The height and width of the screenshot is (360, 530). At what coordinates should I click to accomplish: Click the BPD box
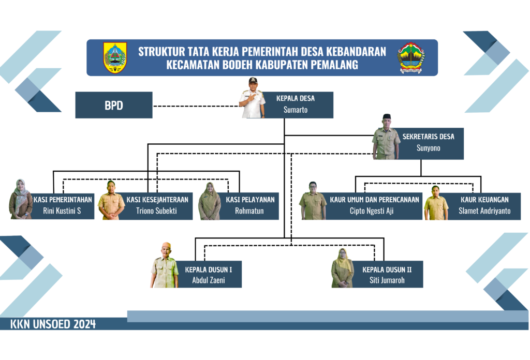click(114, 105)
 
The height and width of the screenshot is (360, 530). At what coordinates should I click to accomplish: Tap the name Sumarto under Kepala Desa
click(296, 110)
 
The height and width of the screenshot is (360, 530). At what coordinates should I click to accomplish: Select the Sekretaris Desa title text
click(428, 137)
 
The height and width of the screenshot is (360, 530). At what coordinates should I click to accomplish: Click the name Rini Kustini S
click(62, 211)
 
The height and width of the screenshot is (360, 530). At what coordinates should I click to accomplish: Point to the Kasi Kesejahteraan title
click(157, 200)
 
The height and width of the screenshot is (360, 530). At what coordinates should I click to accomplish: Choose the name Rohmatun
click(249, 211)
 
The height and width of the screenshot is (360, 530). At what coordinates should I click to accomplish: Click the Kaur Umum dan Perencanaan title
click(375, 200)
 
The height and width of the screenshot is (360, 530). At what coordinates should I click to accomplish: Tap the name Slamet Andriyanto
click(484, 211)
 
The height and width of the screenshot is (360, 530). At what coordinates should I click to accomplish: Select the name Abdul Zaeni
click(209, 280)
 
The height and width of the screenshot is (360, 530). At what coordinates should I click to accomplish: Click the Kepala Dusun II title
click(387, 269)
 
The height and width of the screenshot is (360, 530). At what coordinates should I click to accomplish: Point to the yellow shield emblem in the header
click(115, 57)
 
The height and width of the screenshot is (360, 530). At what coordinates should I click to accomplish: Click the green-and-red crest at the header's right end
click(411, 58)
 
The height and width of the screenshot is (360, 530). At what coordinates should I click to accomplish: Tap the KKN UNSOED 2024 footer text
click(53, 324)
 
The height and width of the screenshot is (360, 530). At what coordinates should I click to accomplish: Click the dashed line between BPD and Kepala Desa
click(196, 106)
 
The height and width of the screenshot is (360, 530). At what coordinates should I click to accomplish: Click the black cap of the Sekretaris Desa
click(387, 116)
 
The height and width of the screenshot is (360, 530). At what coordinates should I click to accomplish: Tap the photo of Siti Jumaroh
click(343, 268)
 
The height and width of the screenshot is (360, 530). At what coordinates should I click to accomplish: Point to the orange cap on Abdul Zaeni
click(166, 245)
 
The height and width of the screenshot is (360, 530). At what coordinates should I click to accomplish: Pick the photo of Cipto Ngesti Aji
click(313, 201)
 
